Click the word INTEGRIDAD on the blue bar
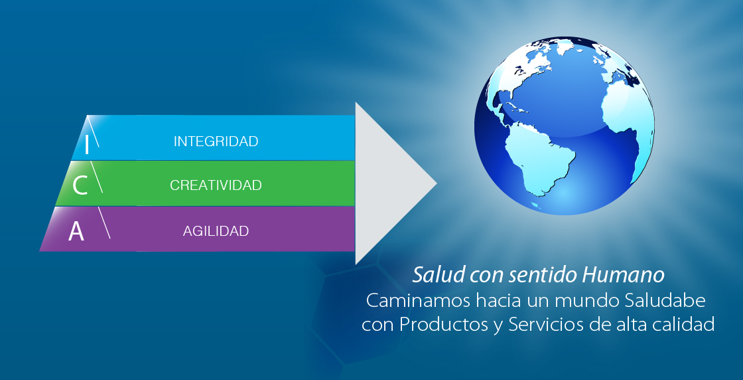216,142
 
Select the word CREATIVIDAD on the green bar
216,185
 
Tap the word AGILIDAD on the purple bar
216,231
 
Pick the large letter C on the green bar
80,185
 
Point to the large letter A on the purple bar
76,231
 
